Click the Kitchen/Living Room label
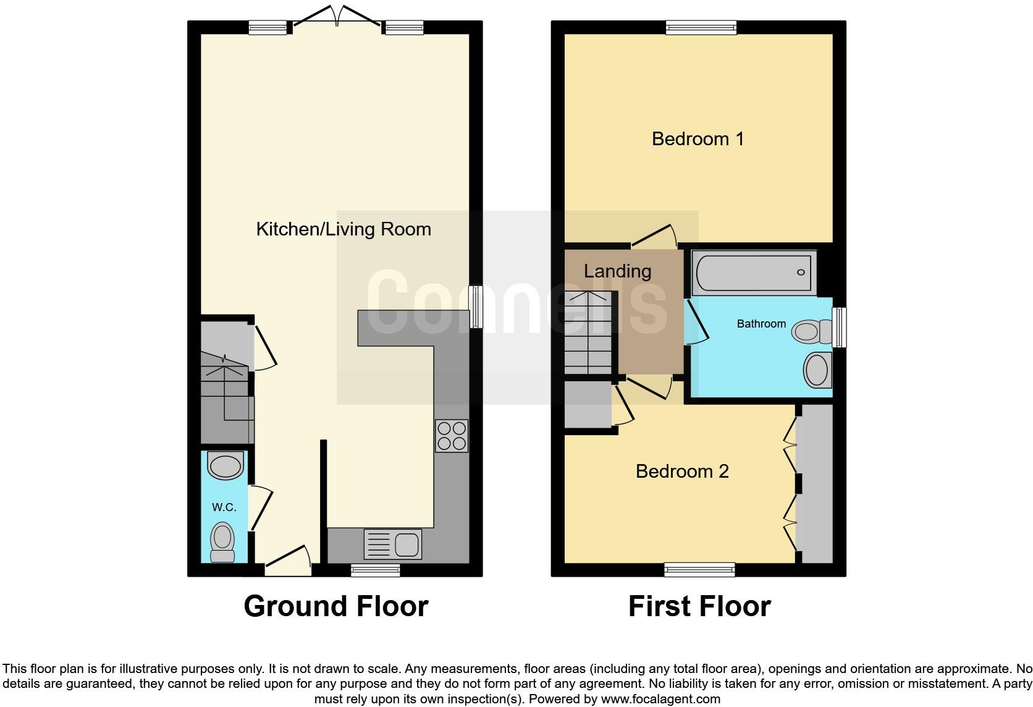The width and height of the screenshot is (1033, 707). tap(344, 229)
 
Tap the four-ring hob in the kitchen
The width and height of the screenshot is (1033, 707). tap(451, 436)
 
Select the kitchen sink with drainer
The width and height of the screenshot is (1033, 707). tap(393, 544)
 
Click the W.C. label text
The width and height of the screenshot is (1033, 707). tap(224, 507)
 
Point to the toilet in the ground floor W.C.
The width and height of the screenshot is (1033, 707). tap(223, 541)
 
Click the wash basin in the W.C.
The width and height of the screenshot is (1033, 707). tap(225, 466)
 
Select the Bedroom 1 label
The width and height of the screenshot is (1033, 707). tap(698, 138)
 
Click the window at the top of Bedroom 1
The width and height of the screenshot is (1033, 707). tap(701, 28)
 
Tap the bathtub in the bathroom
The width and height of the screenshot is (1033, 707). tap(753, 273)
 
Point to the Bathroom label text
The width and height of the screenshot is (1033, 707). tap(761, 324)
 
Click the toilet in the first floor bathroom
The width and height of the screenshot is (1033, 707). tap(812, 332)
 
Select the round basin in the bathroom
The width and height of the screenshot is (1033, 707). tap(817, 370)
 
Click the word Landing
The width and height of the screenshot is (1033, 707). tap(617, 271)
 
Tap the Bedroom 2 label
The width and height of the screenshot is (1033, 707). tap(682, 472)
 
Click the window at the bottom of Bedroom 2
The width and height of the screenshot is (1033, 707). tap(699, 569)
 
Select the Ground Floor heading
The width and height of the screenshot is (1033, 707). tap(335, 606)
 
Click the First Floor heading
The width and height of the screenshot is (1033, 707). tap(699, 606)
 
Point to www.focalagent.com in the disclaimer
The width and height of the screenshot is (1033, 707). tap(660, 700)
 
